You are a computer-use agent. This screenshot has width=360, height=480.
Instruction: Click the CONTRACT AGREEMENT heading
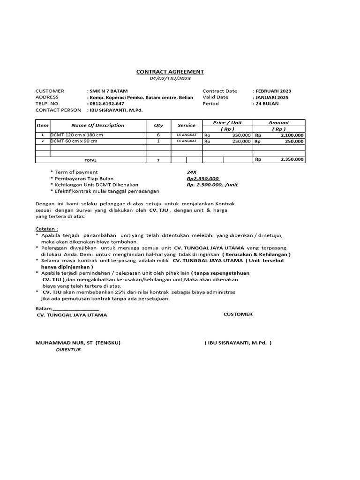[170, 72]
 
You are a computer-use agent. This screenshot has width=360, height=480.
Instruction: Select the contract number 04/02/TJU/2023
[170, 78]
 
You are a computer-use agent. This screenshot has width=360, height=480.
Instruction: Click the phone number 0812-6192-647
[107, 104]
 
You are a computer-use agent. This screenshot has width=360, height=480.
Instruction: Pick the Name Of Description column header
[97, 125]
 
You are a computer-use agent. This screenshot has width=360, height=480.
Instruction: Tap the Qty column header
[158, 125]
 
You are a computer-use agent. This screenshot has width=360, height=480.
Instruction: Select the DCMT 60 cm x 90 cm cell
[74, 141]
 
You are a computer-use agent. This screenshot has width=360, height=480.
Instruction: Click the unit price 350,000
[241, 135]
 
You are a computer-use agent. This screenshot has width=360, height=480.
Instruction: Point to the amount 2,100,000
[292, 135]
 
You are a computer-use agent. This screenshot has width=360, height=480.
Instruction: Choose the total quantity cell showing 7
[158, 160]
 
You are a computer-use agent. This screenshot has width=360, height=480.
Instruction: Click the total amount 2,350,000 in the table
[292, 159]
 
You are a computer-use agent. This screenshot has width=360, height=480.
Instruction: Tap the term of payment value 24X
[191, 172]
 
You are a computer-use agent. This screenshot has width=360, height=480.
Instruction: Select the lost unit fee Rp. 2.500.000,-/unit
[212, 185]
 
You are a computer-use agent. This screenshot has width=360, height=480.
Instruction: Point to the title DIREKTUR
[68, 349]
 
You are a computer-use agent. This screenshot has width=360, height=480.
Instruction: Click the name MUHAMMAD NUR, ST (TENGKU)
[78, 343]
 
